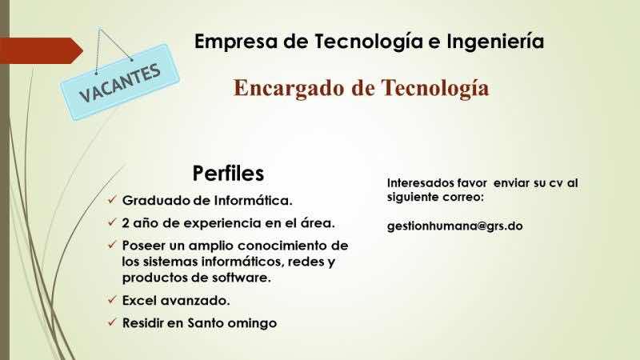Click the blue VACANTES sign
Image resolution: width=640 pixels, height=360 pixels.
(x=119, y=82)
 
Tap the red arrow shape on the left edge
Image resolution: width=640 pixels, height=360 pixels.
(x=42, y=50)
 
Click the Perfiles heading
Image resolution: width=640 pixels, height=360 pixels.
(x=228, y=173)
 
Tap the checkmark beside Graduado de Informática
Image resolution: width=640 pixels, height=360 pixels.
(x=112, y=200)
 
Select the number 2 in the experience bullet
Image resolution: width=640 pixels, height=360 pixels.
(x=126, y=223)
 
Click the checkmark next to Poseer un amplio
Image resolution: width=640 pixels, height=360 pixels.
(x=112, y=245)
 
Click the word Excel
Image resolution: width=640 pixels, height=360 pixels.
(x=140, y=301)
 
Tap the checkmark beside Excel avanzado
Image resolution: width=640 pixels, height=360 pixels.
(x=112, y=300)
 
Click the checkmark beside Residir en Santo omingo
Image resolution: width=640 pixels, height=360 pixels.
(x=112, y=322)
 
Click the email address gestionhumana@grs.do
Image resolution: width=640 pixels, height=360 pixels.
(x=454, y=226)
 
